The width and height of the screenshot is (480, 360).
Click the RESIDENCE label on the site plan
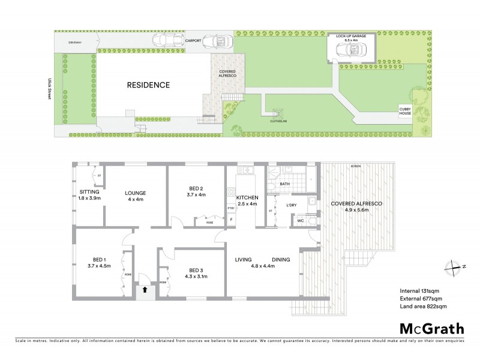[x=148, y=85]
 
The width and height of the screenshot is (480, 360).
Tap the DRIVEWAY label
[x=74, y=43]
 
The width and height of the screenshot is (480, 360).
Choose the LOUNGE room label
[x=136, y=193]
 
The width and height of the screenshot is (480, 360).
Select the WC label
[x=301, y=221]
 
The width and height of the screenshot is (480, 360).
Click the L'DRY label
[x=292, y=206]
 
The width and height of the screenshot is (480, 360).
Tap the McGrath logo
[x=431, y=329]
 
